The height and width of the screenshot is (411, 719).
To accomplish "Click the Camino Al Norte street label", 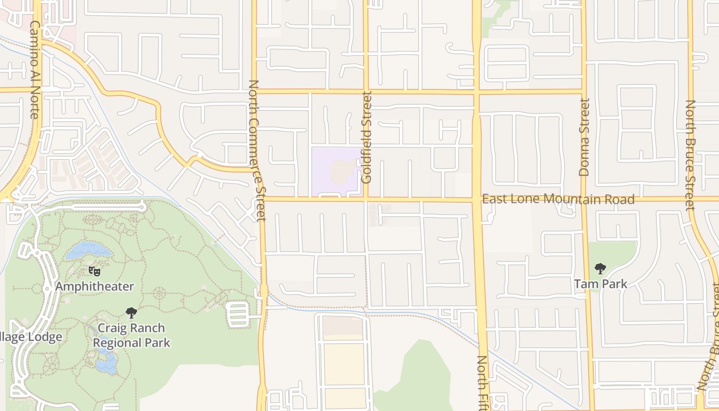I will tap(34, 69).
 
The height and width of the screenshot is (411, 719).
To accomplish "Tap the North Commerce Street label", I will tap(256, 150).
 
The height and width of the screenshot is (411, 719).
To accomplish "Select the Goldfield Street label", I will tap(366, 137).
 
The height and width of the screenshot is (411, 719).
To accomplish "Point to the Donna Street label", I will tap(584, 137).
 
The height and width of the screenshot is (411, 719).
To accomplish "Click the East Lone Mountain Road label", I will tap(558, 199).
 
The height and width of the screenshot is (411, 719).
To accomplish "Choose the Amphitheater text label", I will tap(94, 286).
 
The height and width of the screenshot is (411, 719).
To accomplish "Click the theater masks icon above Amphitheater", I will tap(94, 271).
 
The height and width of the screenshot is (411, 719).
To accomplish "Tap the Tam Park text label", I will tap(600, 284).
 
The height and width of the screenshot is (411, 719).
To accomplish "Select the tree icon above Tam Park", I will tap(600, 269).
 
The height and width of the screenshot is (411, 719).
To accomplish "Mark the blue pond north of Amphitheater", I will tap(88, 250).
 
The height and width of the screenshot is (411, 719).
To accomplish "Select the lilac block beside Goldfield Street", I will tap(336, 172).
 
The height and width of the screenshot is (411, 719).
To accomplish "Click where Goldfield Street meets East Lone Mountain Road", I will tap(366, 199).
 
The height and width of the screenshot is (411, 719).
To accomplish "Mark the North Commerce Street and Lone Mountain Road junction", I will tap(261, 199).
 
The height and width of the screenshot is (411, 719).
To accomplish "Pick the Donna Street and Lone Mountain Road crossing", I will tap(584, 199).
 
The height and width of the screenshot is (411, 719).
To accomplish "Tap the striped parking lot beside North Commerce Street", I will tap(238, 314).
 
